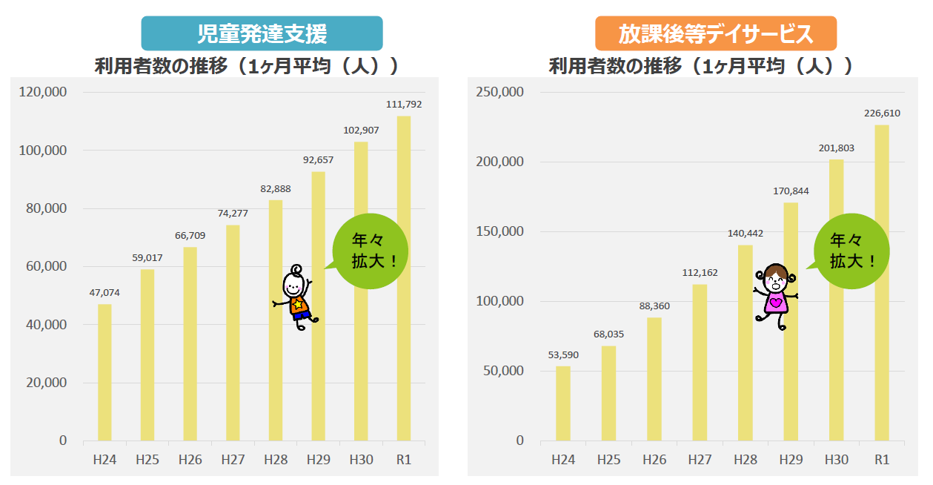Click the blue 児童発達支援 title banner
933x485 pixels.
click(262, 33)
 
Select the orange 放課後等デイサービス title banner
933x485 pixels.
click(715, 33)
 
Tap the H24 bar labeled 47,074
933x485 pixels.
click(104, 372)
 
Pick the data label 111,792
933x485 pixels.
click(404, 105)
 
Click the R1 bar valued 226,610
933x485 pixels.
click(881, 283)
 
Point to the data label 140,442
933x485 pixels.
click(745, 233)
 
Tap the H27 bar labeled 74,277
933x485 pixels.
click(233, 333)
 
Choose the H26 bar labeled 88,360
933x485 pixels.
click(654, 379)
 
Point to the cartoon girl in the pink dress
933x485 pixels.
click(775, 295)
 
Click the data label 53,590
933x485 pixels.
click(563, 354)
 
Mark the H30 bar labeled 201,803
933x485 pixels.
click(836, 300)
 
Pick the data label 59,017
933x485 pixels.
click(147, 258)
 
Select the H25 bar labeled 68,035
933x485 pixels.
click(608, 393)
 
